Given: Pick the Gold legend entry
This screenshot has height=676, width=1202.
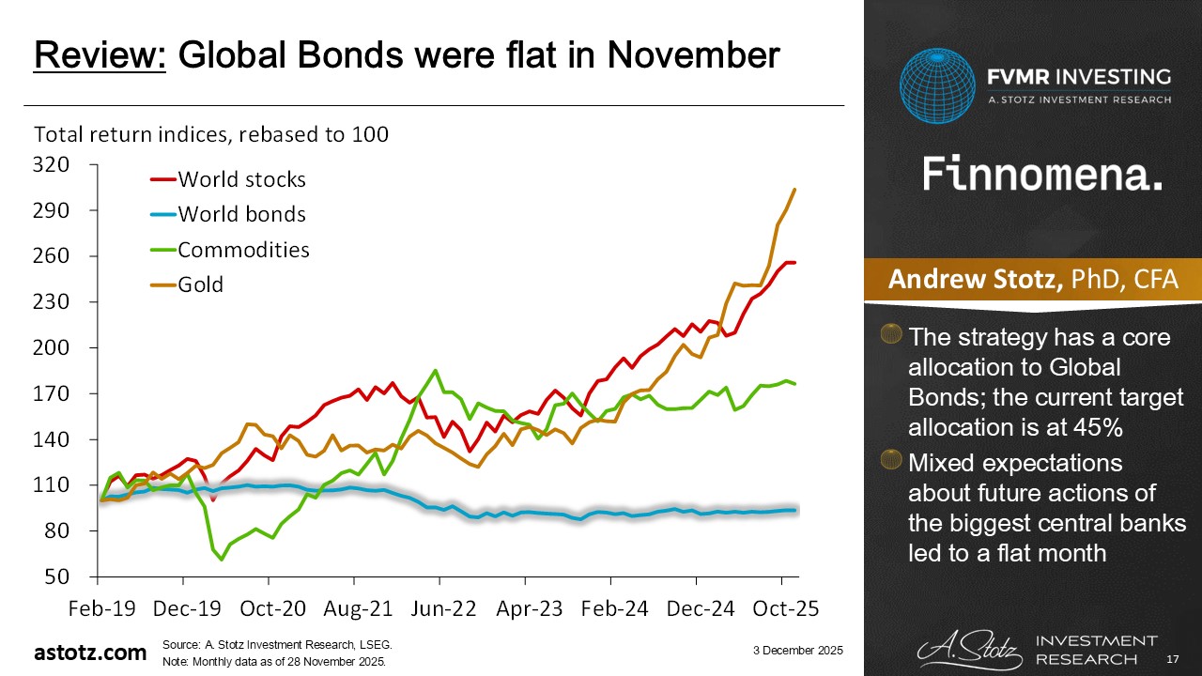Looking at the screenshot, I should (x=201, y=284).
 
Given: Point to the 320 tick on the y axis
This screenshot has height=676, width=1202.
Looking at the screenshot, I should (x=52, y=165).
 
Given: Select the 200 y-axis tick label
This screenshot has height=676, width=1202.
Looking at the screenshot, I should (x=52, y=348).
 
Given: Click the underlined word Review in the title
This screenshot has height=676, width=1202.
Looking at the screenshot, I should (x=100, y=56).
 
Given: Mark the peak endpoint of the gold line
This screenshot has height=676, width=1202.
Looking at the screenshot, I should (x=794, y=190).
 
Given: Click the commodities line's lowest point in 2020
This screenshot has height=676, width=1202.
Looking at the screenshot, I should (x=222, y=559).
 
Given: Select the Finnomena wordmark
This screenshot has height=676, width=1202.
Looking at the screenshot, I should (x=1042, y=174).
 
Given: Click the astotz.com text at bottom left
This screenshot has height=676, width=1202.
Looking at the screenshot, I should (x=90, y=653).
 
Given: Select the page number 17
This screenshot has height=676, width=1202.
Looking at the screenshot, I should (x=1171, y=659).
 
